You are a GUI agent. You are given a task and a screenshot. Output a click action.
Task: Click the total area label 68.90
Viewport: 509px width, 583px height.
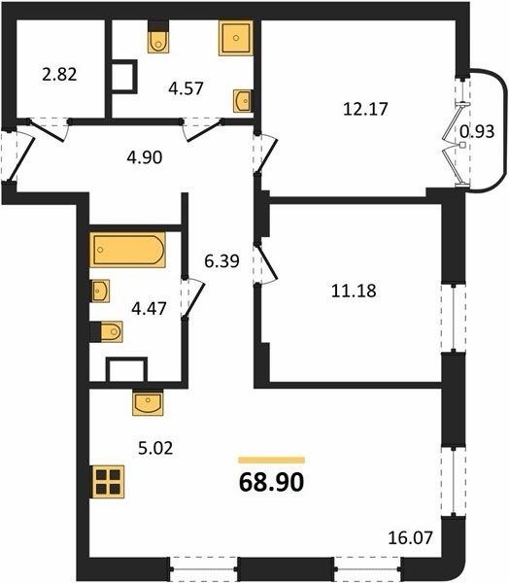click(271, 482)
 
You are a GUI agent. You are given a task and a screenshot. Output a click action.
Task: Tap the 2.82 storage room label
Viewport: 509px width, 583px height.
click(59, 75)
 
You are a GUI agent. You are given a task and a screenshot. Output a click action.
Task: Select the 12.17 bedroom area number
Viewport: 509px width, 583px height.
click(365, 109)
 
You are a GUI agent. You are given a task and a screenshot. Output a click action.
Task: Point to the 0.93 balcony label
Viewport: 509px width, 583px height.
click(477, 131)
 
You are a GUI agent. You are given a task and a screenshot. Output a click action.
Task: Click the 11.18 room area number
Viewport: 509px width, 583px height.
click(354, 291)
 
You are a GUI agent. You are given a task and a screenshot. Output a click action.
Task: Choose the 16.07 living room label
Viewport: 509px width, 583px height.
click(411, 537)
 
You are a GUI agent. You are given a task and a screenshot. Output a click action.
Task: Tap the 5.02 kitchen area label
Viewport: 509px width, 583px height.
click(155, 448)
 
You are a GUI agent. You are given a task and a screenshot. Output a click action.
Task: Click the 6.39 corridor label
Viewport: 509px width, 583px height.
click(221, 261)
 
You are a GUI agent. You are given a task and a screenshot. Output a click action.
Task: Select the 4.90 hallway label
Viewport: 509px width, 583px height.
click(145, 157)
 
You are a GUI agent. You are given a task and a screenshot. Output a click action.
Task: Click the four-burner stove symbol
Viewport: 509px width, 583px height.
click(108, 482)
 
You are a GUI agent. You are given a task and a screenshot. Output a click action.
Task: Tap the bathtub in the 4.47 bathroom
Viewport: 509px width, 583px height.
click(127, 250)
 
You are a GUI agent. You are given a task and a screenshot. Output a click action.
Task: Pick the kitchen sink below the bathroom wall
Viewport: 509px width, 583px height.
click(148, 402)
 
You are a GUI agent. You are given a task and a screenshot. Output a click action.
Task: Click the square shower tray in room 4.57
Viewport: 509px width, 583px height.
click(236, 38)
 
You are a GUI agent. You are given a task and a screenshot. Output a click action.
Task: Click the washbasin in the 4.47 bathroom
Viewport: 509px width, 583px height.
click(100, 291)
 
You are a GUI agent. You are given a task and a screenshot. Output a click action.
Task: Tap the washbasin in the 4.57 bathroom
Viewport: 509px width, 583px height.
click(243, 100)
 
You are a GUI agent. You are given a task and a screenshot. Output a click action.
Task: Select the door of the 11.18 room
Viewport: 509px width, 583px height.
click(267, 263)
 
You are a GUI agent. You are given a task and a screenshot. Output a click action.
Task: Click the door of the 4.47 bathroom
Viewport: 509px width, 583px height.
click(194, 298)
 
